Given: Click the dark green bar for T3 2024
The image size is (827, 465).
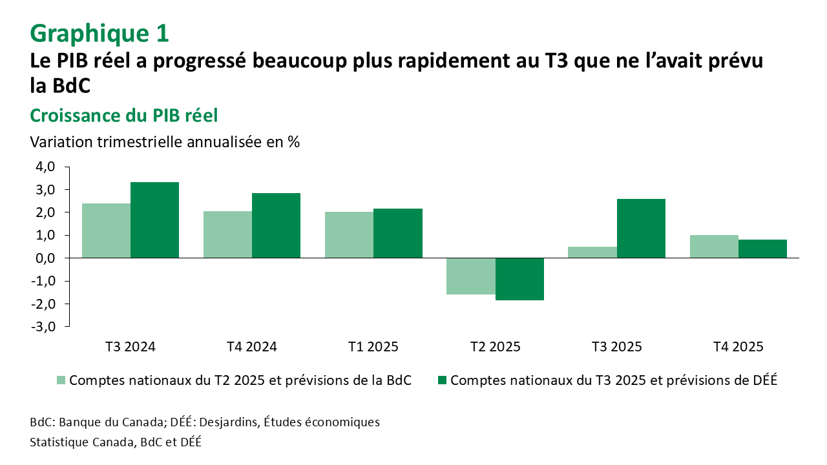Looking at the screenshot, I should pos(154,220).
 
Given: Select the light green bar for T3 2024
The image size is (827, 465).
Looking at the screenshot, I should pos(106,231).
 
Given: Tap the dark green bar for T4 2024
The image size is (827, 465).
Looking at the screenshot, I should pos(276,225).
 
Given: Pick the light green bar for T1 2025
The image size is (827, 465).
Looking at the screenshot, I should pos(349,235).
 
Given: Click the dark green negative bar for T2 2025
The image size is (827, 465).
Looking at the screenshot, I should pos(519,279).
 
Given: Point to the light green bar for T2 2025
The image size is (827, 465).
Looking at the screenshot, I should pos(471,276).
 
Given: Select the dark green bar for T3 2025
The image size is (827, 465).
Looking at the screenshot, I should pos(641,229).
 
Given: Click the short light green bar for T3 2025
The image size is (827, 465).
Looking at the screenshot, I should pos(592,253).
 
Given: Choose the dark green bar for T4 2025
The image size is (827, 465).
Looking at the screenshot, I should pos(762,249).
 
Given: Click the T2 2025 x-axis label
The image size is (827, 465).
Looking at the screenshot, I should pos(495,347).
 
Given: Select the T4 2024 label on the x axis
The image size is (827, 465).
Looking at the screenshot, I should pos(252,347).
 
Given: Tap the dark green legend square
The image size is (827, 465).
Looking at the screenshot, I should pos(442,380).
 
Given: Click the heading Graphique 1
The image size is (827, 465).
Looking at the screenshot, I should pos(99,33).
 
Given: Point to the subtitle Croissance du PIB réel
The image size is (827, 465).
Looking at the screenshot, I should pos(124,116).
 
